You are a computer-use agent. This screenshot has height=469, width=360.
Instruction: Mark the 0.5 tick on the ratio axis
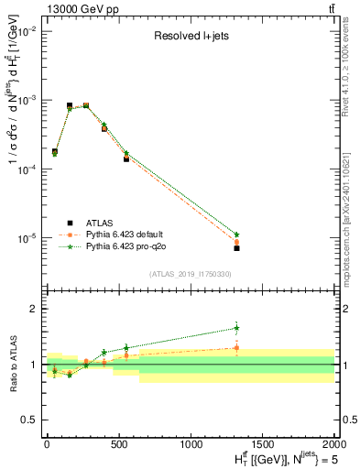pyautogui.click(x=27, y=420)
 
